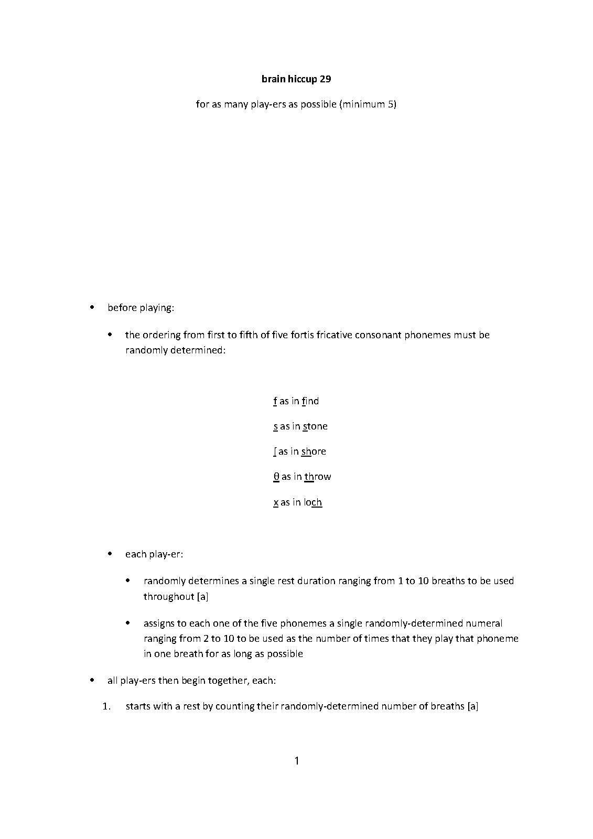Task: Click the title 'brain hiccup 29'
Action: tap(296, 79)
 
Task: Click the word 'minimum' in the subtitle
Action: tap(364, 104)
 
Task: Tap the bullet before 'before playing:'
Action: tap(93, 307)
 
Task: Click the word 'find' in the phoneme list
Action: tap(310, 401)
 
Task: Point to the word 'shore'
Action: tap(314, 451)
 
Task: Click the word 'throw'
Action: tap(318, 477)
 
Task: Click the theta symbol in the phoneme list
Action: tap(276, 477)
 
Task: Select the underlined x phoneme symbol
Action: tap(276, 502)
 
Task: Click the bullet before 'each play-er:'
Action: tap(110, 554)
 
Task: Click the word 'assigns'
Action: tap(159, 623)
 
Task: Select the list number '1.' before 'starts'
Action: tap(107, 706)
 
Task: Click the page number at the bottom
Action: tap(297, 760)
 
